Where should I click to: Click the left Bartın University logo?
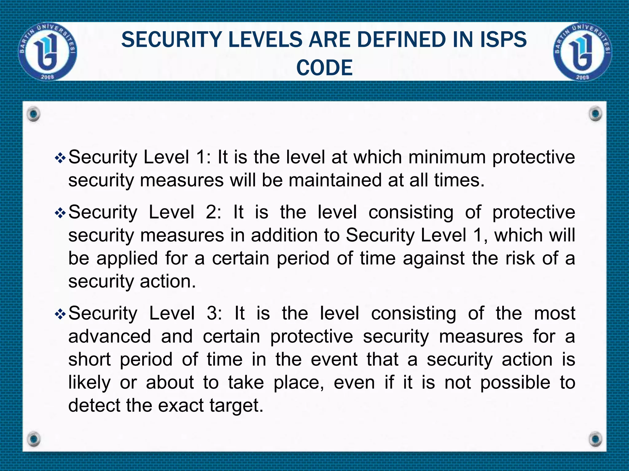click(48, 52)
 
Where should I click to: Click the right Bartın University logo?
click(582, 52)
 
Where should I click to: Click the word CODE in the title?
click(324, 68)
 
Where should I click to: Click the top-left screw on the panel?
click(33, 114)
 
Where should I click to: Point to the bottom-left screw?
click(33, 439)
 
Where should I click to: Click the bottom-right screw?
click(596, 439)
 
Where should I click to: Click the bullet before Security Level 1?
click(60, 158)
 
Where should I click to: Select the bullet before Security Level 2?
click(60, 213)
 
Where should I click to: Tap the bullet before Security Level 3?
click(60, 314)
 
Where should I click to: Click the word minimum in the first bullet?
click(447, 157)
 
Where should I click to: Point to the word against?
click(433, 258)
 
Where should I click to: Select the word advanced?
click(110, 336)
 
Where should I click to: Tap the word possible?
click(515, 382)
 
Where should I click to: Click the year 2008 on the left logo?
click(48, 77)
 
